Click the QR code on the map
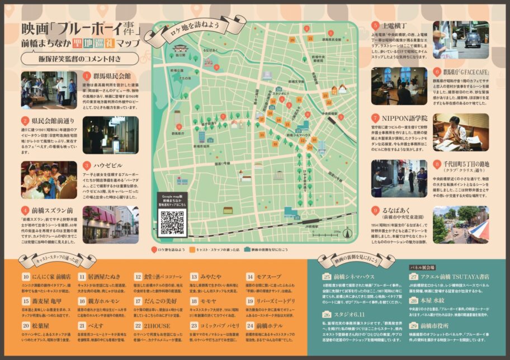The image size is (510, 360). click(x=173, y=222)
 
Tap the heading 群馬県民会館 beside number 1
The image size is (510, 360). click(x=111, y=76)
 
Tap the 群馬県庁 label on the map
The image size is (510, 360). click(x=178, y=134)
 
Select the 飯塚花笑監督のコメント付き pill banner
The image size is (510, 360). click(x=79, y=59)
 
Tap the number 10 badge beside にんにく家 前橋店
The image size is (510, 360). click(x=26, y=277)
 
